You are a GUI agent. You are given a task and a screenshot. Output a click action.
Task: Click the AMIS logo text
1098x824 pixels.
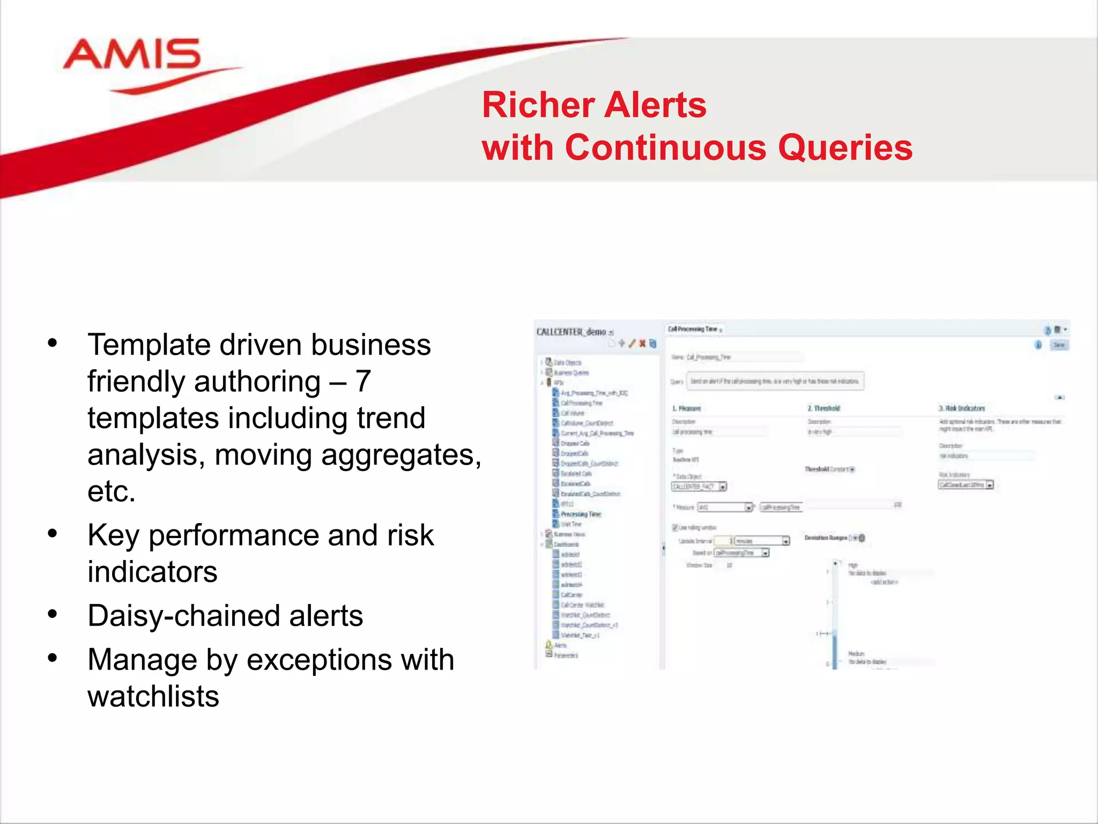tap(131, 55)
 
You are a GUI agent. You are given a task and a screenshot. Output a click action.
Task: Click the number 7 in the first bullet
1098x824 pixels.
tap(363, 381)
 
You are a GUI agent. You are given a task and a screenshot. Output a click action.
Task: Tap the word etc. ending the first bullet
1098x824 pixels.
tap(112, 491)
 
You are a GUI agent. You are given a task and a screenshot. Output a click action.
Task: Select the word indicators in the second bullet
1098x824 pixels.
tap(152, 572)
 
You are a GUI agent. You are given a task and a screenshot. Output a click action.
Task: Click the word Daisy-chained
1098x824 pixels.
tap(183, 616)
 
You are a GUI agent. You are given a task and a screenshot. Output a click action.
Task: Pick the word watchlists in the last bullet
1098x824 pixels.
tap(153, 696)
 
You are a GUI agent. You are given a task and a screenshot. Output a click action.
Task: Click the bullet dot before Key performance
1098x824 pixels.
tap(52, 534)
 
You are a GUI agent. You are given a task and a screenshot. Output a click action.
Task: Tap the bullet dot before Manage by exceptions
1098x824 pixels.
tap(52, 658)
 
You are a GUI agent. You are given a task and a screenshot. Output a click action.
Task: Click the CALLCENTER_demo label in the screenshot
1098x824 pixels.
tap(571, 332)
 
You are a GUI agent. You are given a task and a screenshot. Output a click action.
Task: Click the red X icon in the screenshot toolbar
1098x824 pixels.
tap(642, 344)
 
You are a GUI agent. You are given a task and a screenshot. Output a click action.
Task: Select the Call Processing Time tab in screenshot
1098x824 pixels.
tap(692, 329)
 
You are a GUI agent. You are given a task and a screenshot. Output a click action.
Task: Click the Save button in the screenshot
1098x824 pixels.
tap(1059, 345)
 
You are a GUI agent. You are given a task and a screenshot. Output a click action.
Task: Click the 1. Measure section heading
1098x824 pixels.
tap(686, 409)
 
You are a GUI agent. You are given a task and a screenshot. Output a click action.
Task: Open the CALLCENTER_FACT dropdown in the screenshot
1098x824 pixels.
tap(723, 487)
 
